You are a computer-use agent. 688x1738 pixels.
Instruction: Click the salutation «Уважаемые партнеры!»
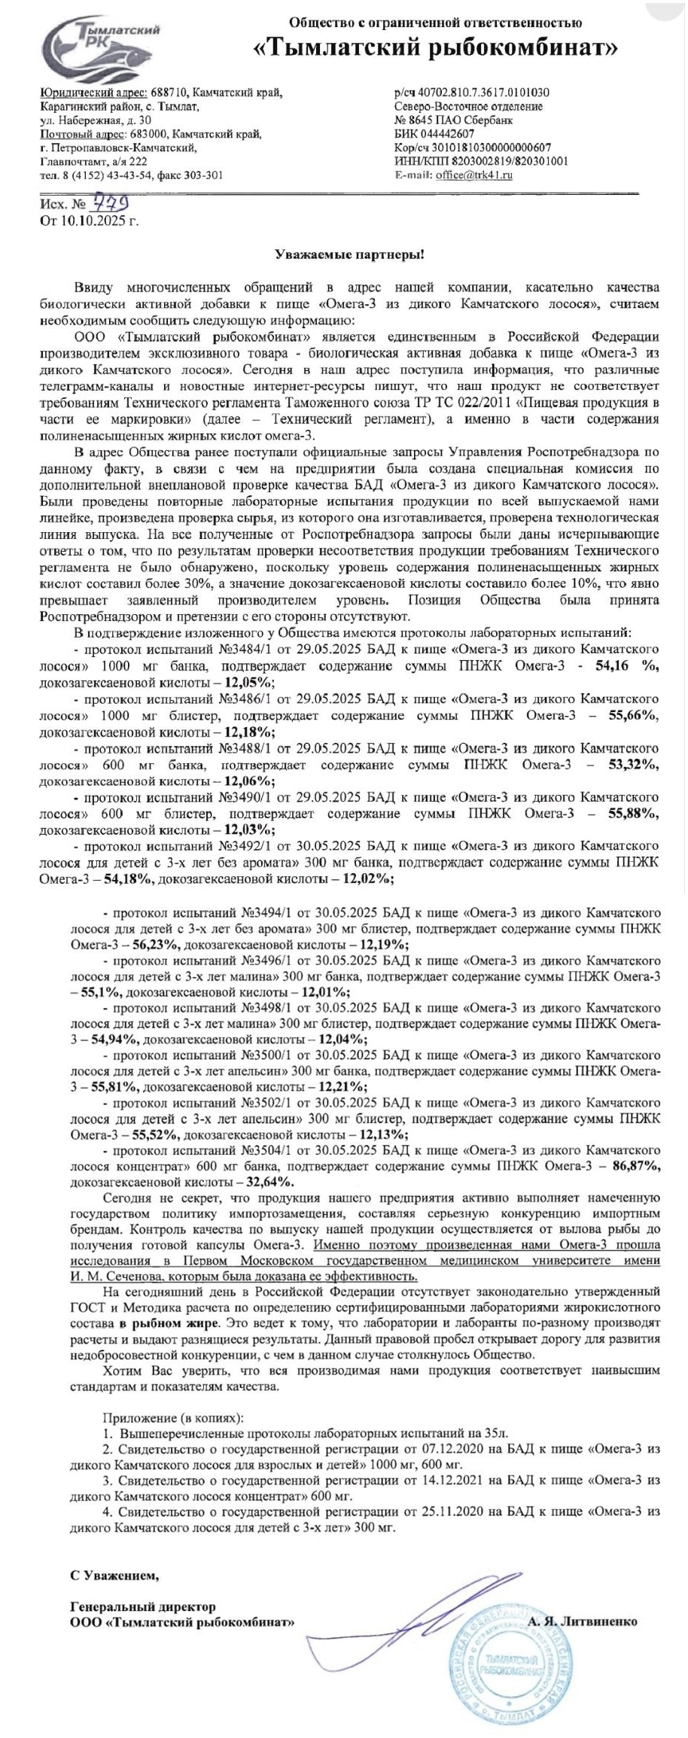[x=349, y=254]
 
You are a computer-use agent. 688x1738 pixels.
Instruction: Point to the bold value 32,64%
[x=268, y=1183]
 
